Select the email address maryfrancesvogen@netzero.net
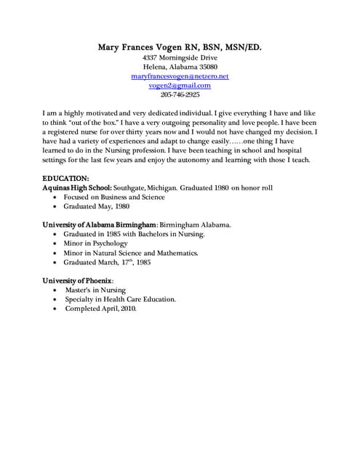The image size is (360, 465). [x=180, y=76]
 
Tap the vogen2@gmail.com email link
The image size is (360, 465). [x=180, y=85]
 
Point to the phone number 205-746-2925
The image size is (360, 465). [x=180, y=94]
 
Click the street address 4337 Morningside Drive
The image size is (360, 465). [x=180, y=57]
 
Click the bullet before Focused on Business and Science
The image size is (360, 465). [x=56, y=197]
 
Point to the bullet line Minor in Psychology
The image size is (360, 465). [x=95, y=243]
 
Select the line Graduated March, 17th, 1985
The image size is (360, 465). [x=108, y=262]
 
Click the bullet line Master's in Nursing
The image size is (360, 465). [x=95, y=290]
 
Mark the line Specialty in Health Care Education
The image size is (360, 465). [x=120, y=299]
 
